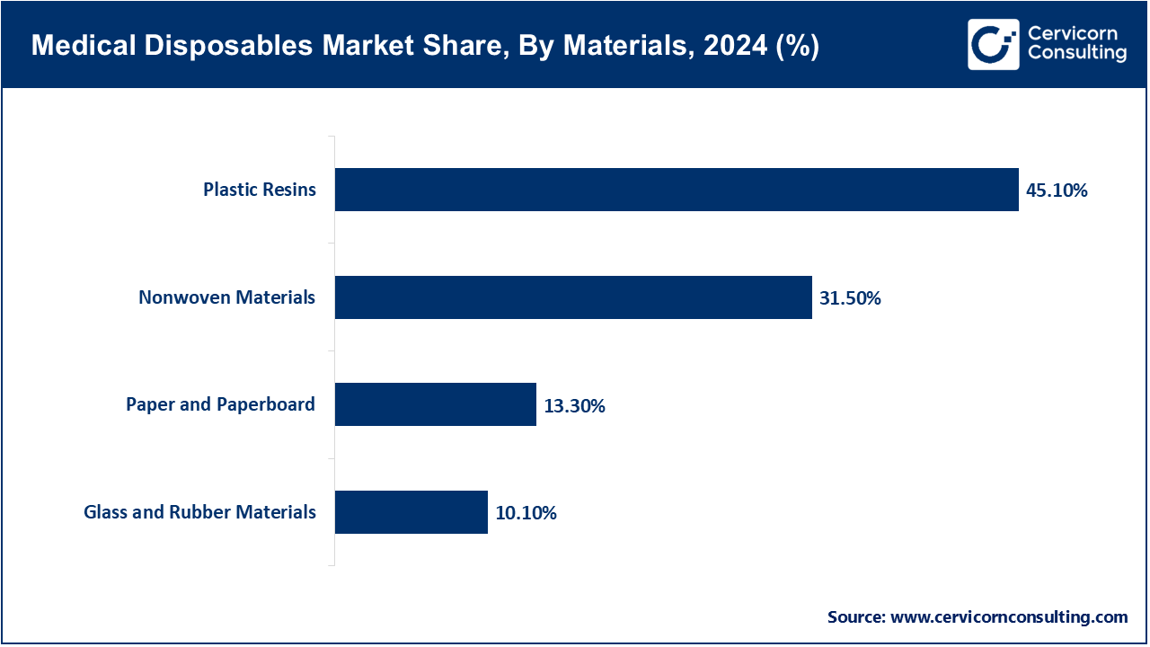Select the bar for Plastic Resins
tap(677, 190)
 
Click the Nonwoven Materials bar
tap(573, 297)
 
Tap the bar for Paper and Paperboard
tap(436, 404)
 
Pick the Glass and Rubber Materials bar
tap(411, 512)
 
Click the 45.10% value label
tap(1057, 191)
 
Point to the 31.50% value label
tap(850, 298)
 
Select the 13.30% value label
tap(574, 406)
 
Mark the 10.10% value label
tap(526, 513)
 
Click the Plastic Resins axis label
tap(260, 190)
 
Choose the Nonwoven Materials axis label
tap(226, 297)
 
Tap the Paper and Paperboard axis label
tap(220, 404)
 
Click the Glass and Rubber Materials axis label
tap(199, 512)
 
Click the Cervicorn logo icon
tap(993, 44)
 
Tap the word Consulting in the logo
tap(1076, 54)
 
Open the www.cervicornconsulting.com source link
tap(1009, 617)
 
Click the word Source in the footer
tap(855, 617)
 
